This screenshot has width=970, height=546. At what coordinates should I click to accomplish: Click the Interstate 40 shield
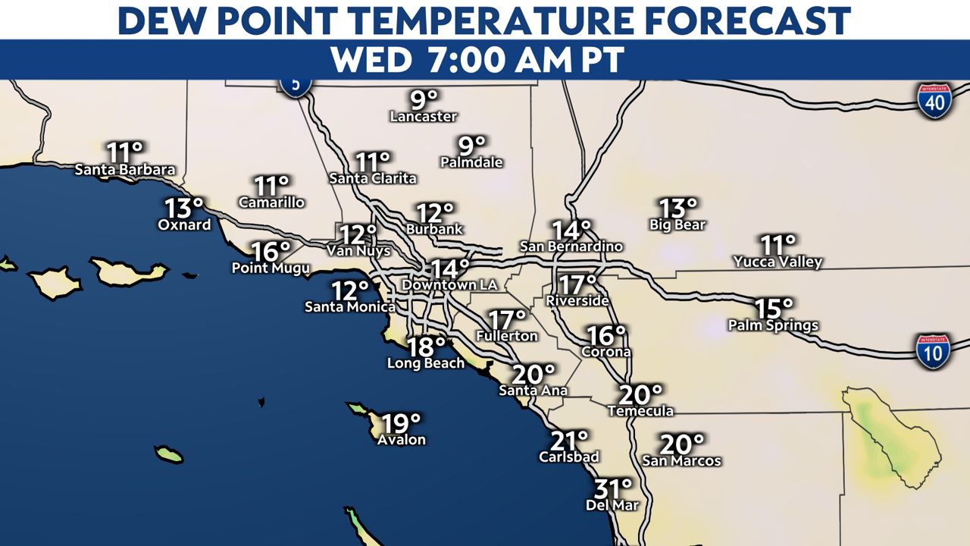click(935, 101)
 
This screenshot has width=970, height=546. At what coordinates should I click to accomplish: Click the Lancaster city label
click(424, 117)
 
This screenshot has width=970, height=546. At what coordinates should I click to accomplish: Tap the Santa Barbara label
click(125, 170)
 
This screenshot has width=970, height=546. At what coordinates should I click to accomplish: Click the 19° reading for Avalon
click(401, 423)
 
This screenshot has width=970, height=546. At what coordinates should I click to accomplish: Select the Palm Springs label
click(773, 325)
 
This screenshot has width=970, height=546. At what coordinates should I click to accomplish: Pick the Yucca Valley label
click(778, 262)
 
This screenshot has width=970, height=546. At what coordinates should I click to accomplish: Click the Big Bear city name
click(677, 224)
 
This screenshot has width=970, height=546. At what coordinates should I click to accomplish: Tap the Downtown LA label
click(449, 285)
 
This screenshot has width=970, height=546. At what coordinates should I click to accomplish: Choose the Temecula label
click(640, 411)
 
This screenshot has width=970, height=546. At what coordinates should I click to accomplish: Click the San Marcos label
click(681, 460)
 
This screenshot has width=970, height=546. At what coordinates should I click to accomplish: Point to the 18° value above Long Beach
click(427, 347)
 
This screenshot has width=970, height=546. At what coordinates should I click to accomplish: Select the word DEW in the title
click(163, 20)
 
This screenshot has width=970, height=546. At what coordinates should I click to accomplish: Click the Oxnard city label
click(184, 224)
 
